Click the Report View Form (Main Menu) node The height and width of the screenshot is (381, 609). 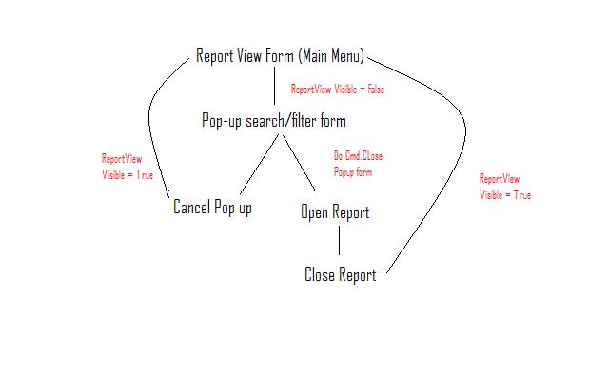[280, 55]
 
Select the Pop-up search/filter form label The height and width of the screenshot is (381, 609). [274, 121]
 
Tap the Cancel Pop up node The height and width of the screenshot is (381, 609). [212, 207]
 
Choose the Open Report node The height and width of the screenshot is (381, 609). [335, 211]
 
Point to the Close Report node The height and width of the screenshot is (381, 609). [340, 275]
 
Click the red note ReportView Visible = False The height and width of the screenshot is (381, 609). [338, 89]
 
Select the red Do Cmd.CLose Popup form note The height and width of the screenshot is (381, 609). [358, 164]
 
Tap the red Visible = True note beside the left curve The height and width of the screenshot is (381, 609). [128, 168]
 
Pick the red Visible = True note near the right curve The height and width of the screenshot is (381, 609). [505, 187]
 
